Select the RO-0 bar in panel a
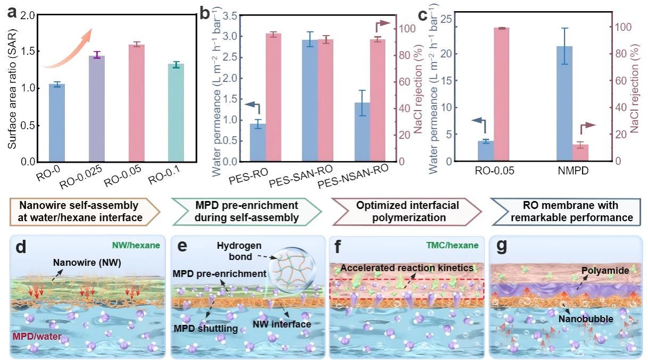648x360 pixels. click(x=56, y=123)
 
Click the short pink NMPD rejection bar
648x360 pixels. click(x=580, y=153)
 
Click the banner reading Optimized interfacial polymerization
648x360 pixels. click(x=405, y=211)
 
